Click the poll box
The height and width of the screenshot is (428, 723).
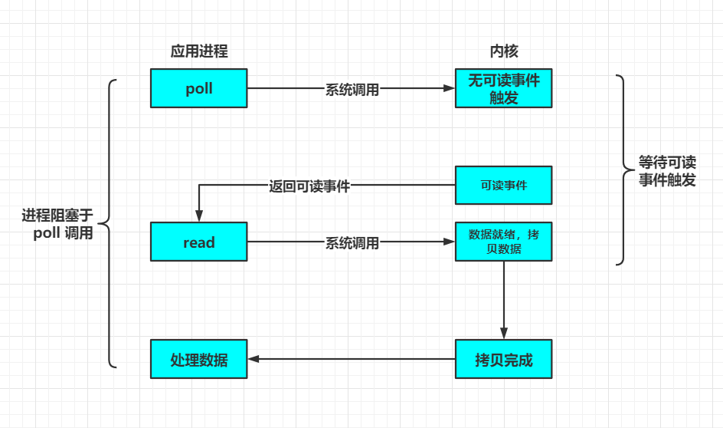pyautogui.click(x=198, y=88)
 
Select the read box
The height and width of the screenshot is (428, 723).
pyautogui.click(x=198, y=242)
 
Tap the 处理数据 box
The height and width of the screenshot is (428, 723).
pyautogui.click(x=198, y=359)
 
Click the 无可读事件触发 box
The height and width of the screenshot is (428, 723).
pyautogui.click(x=503, y=88)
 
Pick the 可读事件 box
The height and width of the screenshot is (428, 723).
pyautogui.click(x=503, y=185)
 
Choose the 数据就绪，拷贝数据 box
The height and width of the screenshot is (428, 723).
pyautogui.click(x=503, y=242)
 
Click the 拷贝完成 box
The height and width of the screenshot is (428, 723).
pyautogui.click(x=503, y=359)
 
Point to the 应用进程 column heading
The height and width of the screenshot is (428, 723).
pyautogui.click(x=199, y=51)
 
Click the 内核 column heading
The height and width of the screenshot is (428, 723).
pyautogui.click(x=504, y=51)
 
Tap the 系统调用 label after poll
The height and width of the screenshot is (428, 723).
pyautogui.click(x=352, y=89)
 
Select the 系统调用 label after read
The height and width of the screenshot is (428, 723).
pyautogui.click(x=352, y=243)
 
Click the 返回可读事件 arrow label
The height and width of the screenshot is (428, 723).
pyautogui.click(x=309, y=186)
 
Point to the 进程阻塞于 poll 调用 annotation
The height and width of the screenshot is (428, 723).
pyautogui.click(x=57, y=224)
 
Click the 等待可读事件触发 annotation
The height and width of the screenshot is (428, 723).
pyautogui.click(x=667, y=171)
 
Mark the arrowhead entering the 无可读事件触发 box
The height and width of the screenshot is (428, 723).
pyautogui.click(x=449, y=88)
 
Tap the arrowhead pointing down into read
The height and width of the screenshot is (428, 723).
pyautogui.click(x=198, y=216)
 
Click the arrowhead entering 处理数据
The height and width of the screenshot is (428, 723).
pyautogui.click(x=254, y=359)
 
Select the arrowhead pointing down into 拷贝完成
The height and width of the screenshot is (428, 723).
pyautogui.click(x=503, y=334)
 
